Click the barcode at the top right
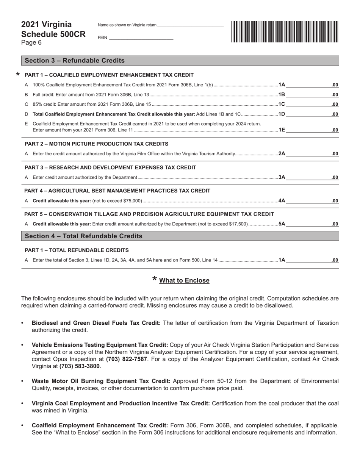284,31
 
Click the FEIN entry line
141,38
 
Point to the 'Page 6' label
31,42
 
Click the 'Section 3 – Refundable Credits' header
75,61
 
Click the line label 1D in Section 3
282,114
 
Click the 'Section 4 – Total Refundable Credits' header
84,236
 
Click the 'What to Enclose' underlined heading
184,280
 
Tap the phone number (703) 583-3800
80,366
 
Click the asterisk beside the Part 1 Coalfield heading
17,75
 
